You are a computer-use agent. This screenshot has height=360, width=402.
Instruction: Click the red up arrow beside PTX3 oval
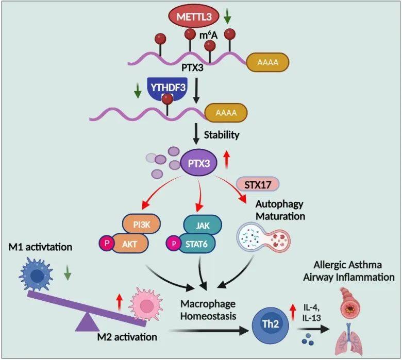pyautogui.click(x=225, y=161)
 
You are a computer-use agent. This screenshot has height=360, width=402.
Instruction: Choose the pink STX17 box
pyautogui.click(x=257, y=183)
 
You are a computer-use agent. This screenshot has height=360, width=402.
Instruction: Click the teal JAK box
pyautogui.click(x=202, y=225)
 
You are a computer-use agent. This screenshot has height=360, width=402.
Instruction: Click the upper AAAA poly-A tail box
pyautogui.click(x=267, y=62)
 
